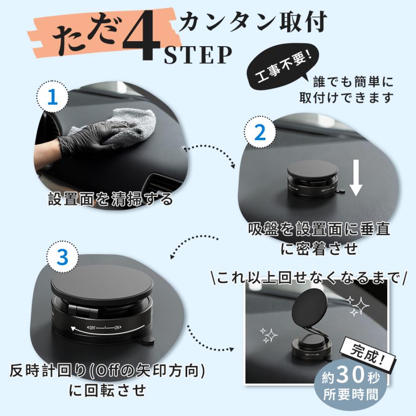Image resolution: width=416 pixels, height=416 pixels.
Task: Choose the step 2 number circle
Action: coord(260,133)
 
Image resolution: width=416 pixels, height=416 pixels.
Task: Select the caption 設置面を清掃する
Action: coord(111,199)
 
